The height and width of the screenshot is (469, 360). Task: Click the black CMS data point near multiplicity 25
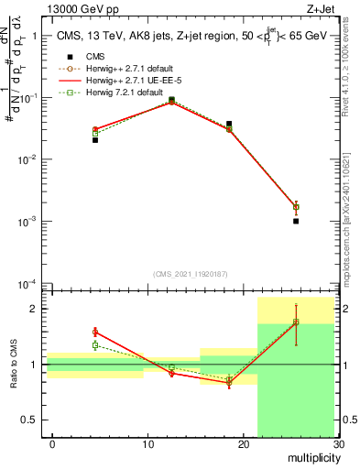click(296, 221)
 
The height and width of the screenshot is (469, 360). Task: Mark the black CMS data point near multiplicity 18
click(229, 124)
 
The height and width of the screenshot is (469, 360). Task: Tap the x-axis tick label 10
click(148, 444)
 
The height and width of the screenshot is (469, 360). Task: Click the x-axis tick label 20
click(244, 444)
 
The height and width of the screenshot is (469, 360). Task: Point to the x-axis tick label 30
click(339, 444)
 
